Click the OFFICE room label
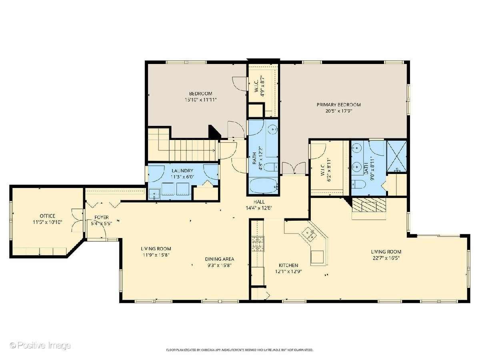(48, 216)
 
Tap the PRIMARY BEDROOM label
(338, 105)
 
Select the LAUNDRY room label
(182, 170)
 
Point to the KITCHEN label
(288, 265)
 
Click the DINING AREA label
(219, 259)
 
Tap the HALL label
(259, 202)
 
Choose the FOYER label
(102, 217)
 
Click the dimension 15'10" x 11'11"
(200, 100)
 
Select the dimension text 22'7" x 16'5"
(386, 258)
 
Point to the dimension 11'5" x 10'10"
(48, 222)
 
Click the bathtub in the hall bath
(264, 186)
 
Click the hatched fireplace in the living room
(369, 205)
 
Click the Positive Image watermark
(40, 346)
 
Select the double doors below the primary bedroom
(294, 168)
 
